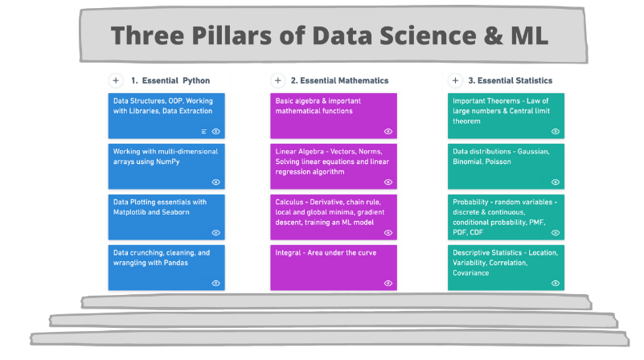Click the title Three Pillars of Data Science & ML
[330, 36]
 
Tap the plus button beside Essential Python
[116, 80]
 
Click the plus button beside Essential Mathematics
[277, 80]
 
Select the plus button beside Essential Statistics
[455, 80]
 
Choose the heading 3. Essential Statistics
[511, 80]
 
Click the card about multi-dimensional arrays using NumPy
[166, 166]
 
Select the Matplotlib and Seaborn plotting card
[166, 215]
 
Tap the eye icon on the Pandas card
[216, 283]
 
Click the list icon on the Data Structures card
[204, 131]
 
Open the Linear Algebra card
[333, 166]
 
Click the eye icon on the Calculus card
[388, 232]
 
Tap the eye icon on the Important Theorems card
[556, 131]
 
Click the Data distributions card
[506, 166]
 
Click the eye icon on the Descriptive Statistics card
[556, 283]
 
